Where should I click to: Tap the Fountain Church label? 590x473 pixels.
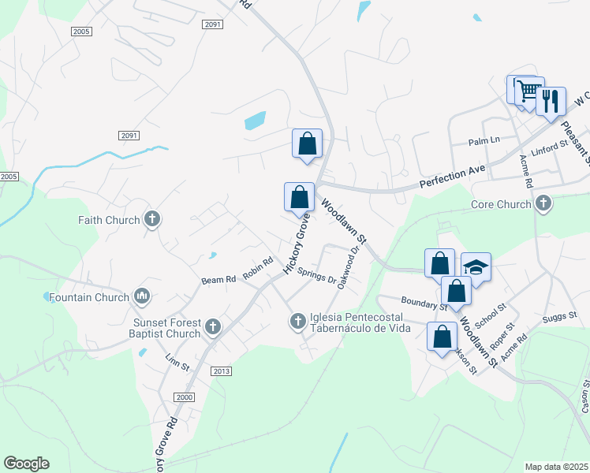(88, 297)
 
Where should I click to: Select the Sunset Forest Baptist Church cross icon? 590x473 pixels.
(212, 326)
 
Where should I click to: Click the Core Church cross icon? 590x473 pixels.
(543, 204)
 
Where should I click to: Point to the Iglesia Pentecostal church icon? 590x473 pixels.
(297, 320)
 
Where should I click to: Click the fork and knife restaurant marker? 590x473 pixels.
(551, 101)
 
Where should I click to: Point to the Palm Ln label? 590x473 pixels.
(484, 140)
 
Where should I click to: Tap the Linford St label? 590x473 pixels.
(549, 148)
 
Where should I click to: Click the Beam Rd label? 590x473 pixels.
(218, 279)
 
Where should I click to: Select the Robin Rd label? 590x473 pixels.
(258, 268)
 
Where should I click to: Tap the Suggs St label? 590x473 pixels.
(561, 318)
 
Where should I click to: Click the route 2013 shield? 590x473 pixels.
(222, 371)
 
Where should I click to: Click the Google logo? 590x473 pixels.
(26, 464)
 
